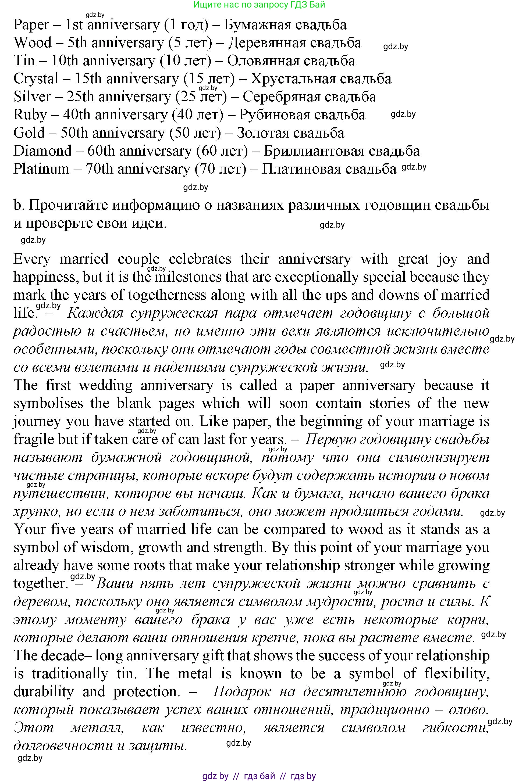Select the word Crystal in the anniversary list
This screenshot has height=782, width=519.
36,79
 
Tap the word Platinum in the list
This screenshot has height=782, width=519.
41,169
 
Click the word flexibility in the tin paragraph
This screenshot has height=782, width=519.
457,674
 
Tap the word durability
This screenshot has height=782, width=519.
43,692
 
